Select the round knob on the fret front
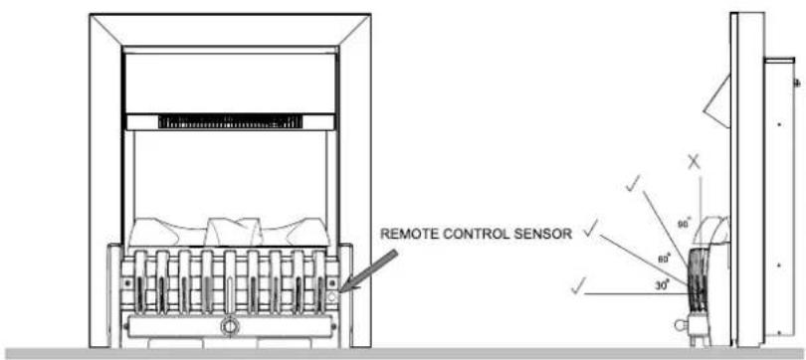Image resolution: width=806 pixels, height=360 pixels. [230, 325]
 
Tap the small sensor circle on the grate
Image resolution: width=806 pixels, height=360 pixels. [331, 295]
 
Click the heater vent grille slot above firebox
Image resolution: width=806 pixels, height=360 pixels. [230, 121]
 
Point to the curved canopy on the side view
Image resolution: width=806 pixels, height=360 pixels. [714, 231]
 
